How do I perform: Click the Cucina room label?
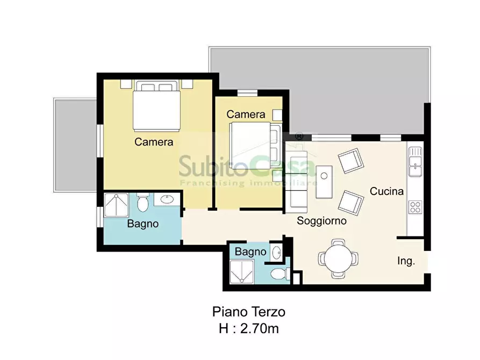386,191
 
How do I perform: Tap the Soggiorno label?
322,221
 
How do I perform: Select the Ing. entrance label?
406,261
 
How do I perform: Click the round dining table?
338,258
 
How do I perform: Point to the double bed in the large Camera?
156,106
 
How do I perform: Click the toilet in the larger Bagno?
142,202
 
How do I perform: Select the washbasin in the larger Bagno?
167,199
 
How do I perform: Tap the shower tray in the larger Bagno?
116,205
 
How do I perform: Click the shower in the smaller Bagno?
242,272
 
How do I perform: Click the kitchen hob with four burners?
415,207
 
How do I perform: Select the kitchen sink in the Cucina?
415,162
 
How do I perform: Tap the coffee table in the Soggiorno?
324,182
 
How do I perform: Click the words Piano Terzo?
249,312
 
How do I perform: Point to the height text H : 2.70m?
249,328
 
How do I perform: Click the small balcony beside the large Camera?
75,145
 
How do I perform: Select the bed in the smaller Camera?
255,146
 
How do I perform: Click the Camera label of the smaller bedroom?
246,114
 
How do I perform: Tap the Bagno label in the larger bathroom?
143,224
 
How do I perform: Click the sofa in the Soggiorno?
296,182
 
